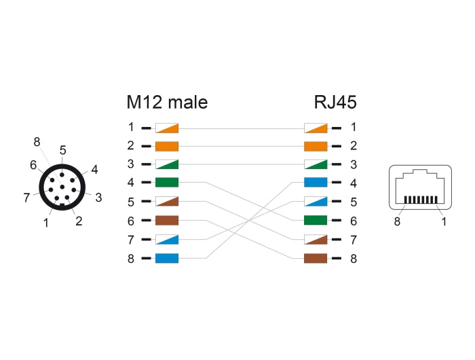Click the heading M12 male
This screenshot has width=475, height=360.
[167, 103]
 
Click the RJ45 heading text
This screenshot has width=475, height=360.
[335, 103]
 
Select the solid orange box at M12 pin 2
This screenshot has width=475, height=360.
[166, 145]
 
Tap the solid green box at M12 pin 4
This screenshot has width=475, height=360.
[166, 183]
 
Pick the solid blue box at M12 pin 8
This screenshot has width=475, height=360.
[166, 258]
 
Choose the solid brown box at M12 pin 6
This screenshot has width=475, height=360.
[166, 221]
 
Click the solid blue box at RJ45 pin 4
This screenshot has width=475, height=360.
[316, 183]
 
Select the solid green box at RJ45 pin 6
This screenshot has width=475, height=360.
[316, 221]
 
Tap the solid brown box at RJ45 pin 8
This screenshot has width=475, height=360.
[316, 258]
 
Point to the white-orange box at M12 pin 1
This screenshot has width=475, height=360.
[166, 127]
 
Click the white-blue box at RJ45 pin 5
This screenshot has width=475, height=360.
[316, 202]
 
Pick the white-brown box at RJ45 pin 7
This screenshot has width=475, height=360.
[316, 240]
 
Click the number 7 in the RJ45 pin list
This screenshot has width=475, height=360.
[353, 240]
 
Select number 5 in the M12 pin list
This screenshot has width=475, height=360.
[130, 202]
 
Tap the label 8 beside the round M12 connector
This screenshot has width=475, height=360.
[37, 142]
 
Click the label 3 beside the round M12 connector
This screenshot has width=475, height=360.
[98, 198]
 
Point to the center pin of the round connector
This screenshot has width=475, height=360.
[62, 187]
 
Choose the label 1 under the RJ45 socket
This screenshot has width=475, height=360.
[444, 221]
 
